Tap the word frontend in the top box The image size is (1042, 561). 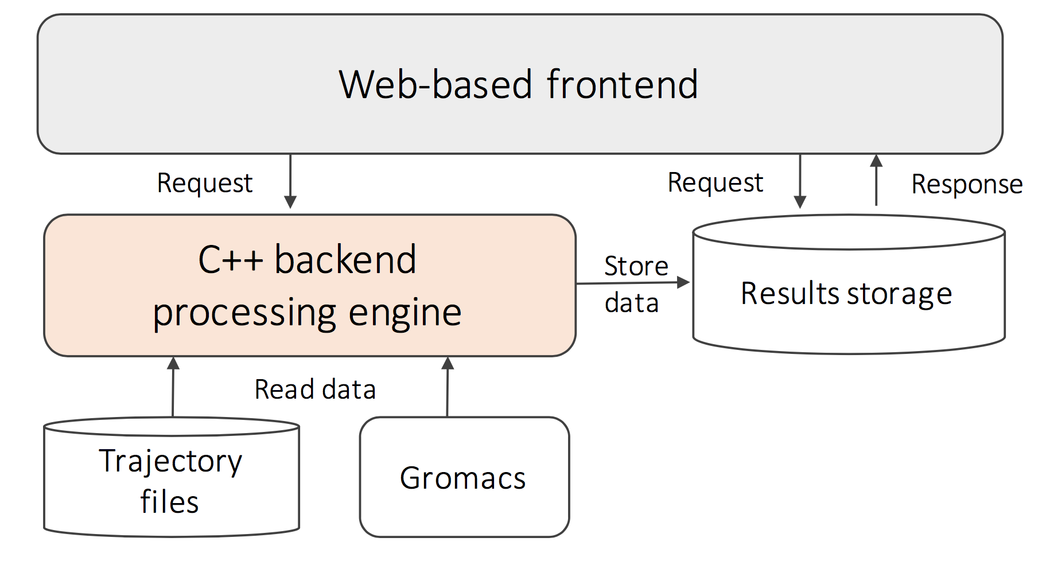pyautogui.click(x=623, y=84)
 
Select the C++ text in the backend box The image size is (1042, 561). pyautogui.click(x=231, y=260)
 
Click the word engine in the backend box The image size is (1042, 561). pyautogui.click(x=405, y=313)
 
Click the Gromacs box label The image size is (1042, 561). pyautogui.click(x=462, y=478)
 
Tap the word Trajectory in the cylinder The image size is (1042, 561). pyautogui.click(x=170, y=461)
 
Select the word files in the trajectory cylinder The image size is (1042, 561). pyautogui.click(x=169, y=501)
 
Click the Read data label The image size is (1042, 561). pyautogui.click(x=315, y=389)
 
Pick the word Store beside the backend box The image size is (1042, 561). pyautogui.click(x=636, y=266)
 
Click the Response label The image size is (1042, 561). pyautogui.click(x=967, y=185)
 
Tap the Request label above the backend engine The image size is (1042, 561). pyautogui.click(x=205, y=184)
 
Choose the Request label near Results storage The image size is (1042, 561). pyautogui.click(x=716, y=183)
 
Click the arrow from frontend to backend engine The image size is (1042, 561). pyautogui.click(x=290, y=181)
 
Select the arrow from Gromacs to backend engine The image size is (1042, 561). pyautogui.click(x=448, y=387)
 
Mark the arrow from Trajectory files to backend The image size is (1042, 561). pyautogui.click(x=173, y=387)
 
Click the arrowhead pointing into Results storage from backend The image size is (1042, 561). pyautogui.click(x=683, y=282)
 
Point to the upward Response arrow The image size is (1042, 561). pyautogui.click(x=876, y=180)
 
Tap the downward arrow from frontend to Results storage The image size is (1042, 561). pyautogui.click(x=800, y=181)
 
